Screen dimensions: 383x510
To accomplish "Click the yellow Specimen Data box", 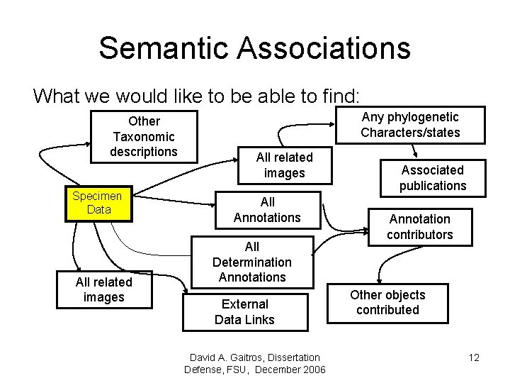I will click(98, 203).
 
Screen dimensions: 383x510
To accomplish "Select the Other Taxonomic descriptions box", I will click(144, 136).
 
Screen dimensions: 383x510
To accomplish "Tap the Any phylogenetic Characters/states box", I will click(410, 125).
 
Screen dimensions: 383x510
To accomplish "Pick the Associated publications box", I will click(432, 178).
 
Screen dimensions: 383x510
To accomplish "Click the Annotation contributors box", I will click(419, 227).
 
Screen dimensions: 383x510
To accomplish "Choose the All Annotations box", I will click(267, 210).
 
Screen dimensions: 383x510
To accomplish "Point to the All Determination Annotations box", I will click(251, 262).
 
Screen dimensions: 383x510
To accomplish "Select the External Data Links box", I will click(244, 312).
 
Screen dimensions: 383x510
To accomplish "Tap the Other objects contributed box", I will click(387, 302).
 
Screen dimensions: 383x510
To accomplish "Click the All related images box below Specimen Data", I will click(104, 290).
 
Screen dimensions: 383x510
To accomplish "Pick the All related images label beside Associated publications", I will click(284, 165).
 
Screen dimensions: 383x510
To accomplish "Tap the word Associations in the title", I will click(324, 48).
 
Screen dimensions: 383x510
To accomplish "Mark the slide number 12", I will click(474, 357).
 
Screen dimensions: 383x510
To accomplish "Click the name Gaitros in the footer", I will click(240, 357).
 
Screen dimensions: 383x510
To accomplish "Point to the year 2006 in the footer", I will click(312, 370).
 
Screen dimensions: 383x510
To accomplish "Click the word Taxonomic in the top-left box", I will click(144, 136).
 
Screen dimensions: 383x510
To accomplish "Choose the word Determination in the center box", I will click(251, 262).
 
